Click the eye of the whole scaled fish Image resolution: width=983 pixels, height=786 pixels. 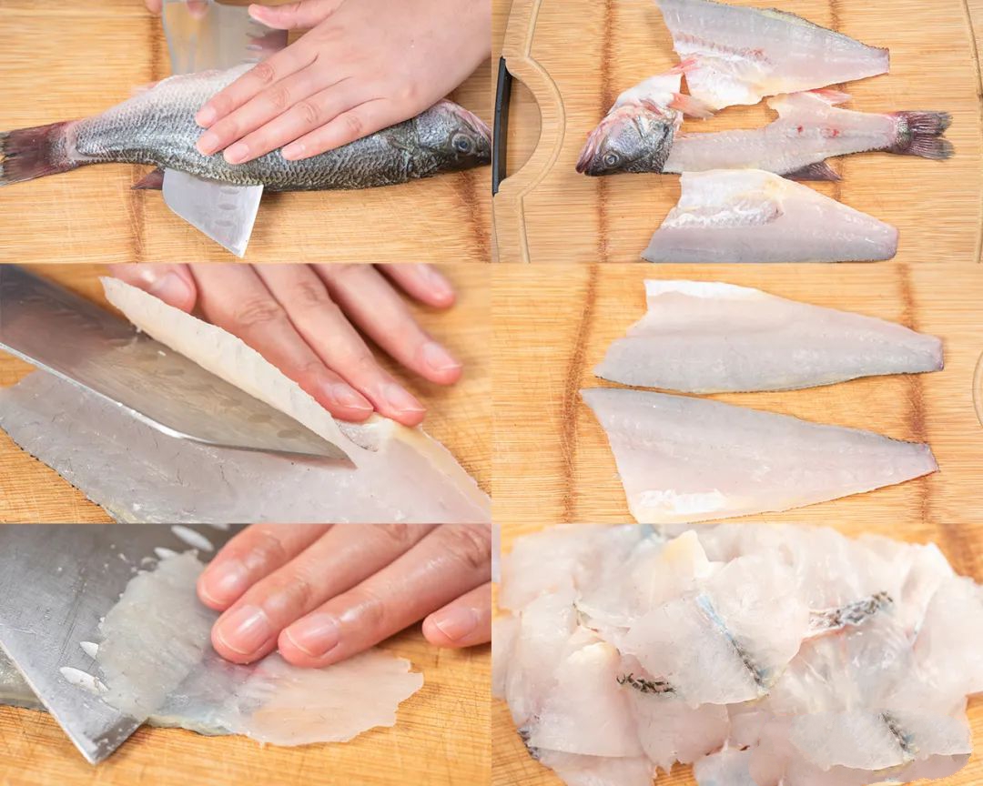pos(462,143)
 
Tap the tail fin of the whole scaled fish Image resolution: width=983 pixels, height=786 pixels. pos(27,153)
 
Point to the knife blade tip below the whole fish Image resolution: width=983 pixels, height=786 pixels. pos(238,247)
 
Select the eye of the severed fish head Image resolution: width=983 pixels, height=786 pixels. pos(611,157)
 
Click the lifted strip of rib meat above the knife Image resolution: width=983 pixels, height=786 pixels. pos(228,364)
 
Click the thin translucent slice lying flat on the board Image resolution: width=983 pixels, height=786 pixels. pos(328,696)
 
